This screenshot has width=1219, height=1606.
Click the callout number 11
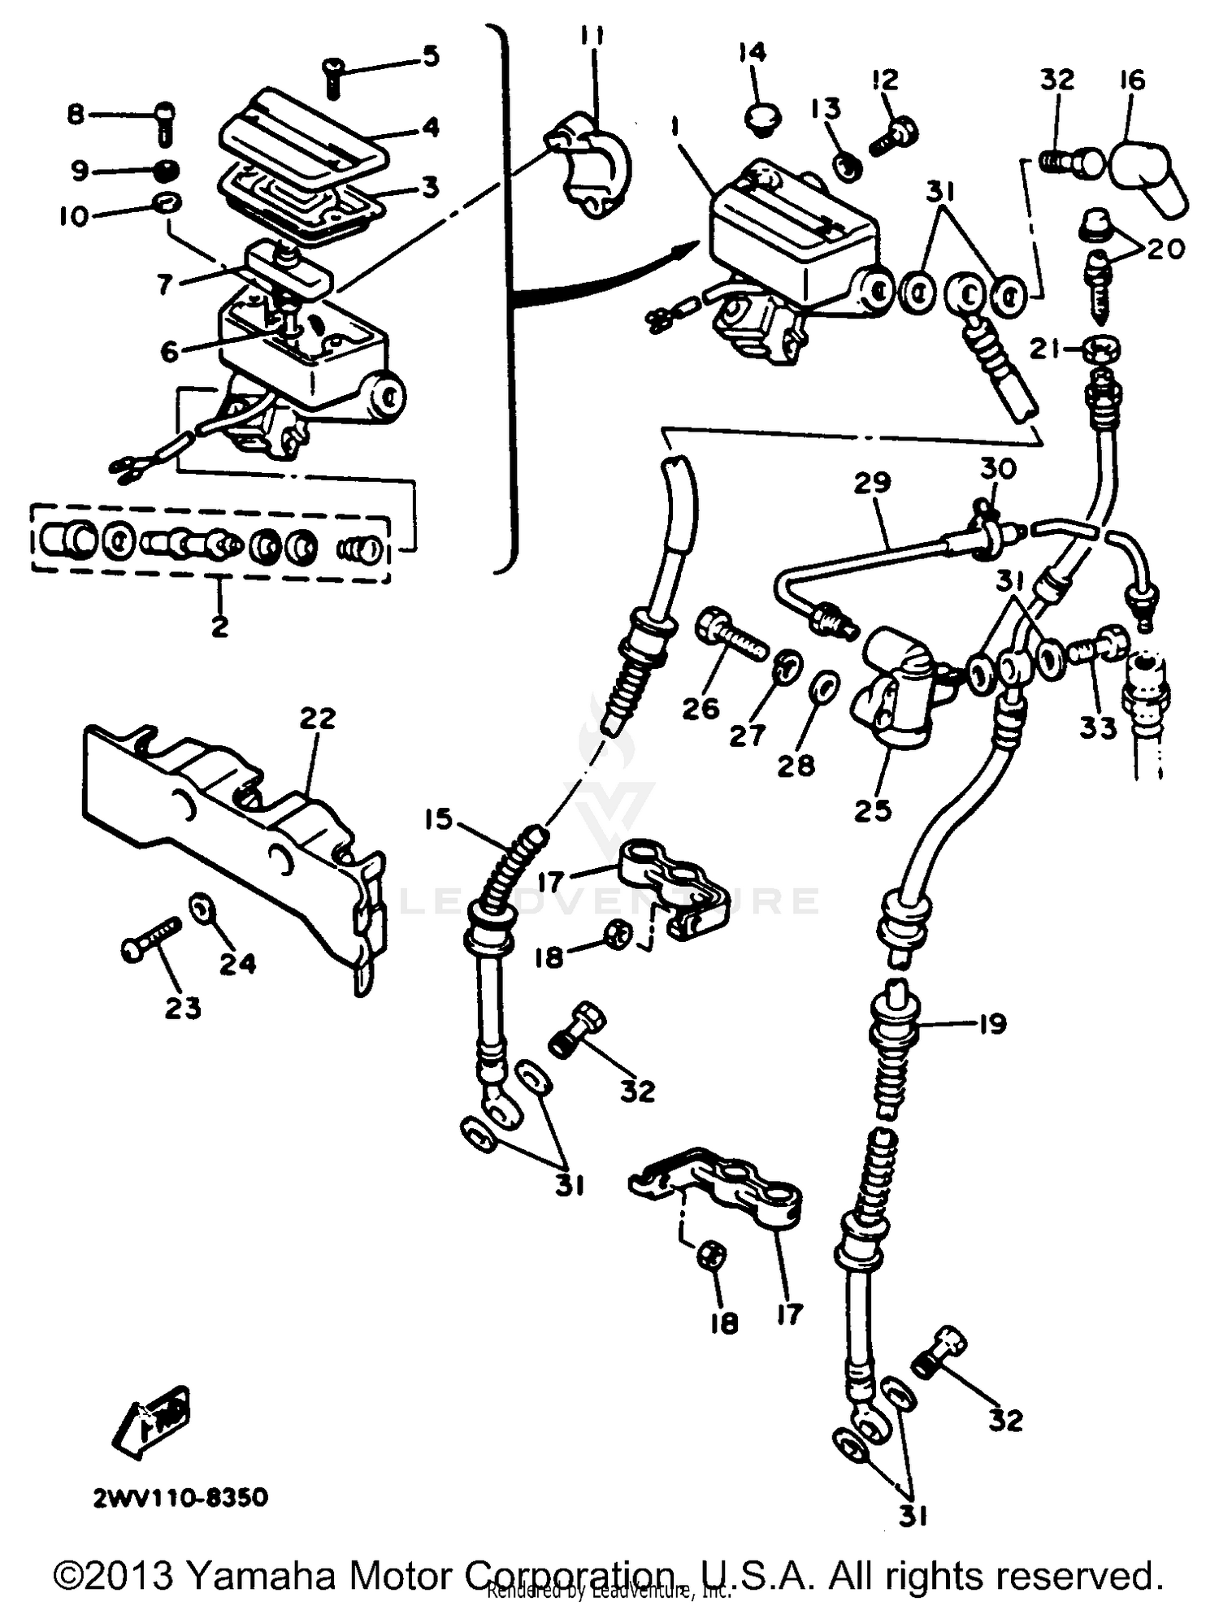[592, 37]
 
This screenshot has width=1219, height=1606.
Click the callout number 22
[318, 718]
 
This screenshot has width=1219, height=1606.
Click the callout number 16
[1131, 80]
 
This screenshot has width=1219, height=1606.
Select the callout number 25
[874, 810]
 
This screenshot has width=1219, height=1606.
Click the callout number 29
[872, 482]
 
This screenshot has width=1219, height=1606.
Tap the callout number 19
[991, 1022]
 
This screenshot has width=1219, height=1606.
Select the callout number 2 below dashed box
[219, 627]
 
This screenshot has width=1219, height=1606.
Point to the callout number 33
[1098, 727]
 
